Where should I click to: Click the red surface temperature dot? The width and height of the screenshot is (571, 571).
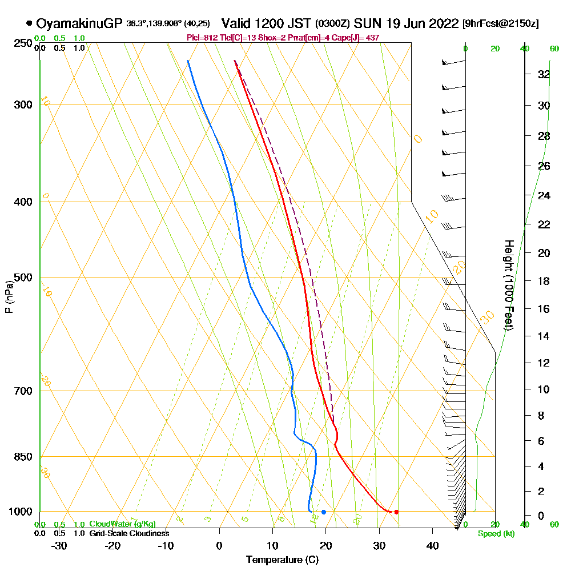pos(396,512)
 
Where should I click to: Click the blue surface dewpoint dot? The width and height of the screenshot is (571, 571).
pos(324,512)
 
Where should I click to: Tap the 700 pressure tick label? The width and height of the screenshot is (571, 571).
pos(23,391)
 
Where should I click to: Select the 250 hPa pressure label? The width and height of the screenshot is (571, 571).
pos(23,43)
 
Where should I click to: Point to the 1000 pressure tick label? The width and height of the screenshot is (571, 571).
pos(21,512)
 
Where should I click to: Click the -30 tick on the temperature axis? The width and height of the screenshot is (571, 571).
pos(59,545)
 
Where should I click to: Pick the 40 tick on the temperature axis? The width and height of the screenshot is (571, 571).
pos(433,545)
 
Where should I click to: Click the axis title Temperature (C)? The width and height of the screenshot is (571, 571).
pos(282,560)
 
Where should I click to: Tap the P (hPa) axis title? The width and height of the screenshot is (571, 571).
pos(9,297)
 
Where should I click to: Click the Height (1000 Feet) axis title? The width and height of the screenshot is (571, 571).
pos(508,285)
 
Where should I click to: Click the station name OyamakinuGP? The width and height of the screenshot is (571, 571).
pos(78,23)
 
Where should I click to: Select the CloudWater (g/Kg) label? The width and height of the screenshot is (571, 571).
pos(122,524)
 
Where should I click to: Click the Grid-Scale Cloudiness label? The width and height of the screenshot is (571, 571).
pos(129,533)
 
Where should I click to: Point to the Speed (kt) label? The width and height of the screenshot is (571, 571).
pos(494,534)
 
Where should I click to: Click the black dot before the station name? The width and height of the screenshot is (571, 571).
pos(29,24)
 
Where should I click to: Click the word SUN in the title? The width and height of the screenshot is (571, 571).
pos(366,23)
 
